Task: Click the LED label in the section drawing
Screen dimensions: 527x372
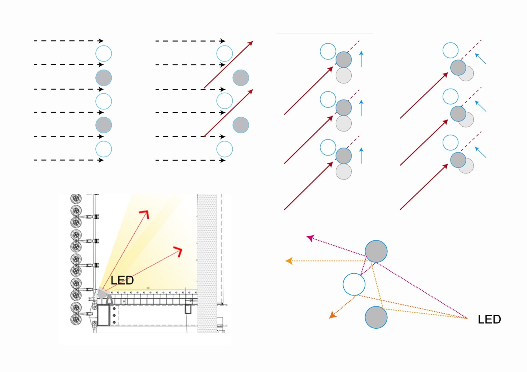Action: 122,280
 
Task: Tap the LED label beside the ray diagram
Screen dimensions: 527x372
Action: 489,319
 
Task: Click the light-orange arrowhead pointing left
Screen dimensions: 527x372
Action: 289,261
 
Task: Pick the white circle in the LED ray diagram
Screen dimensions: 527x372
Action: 354,284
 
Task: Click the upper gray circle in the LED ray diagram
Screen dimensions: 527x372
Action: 376,251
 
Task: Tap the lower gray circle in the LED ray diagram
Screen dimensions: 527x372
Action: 376,317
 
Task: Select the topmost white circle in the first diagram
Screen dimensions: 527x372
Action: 104,54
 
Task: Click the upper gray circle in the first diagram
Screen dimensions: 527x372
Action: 104,78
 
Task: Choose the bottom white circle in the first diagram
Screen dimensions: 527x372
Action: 104,149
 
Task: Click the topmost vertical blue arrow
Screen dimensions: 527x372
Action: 361,59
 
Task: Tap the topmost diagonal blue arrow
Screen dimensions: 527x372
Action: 480,59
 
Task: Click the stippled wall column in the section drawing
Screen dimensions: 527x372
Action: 207,263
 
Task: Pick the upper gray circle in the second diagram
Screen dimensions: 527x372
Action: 241,78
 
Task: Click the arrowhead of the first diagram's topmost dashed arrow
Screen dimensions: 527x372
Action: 101,41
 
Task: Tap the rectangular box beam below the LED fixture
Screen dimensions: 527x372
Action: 103,315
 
